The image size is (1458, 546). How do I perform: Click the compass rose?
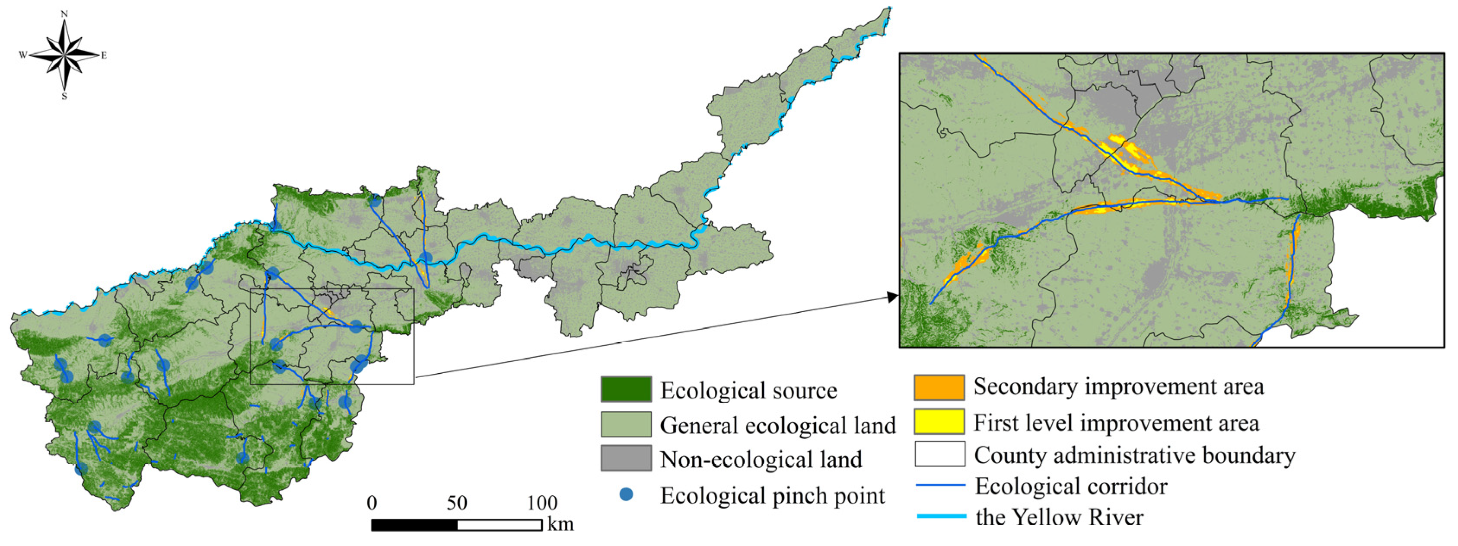click(x=64, y=55)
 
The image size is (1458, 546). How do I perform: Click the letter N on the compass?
click(x=64, y=13)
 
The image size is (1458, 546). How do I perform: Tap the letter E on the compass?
click(x=104, y=55)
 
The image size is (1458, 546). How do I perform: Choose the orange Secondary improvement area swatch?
click(x=939, y=387)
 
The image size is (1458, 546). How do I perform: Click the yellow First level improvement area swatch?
click(x=939, y=421)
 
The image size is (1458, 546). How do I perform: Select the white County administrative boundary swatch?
click(x=939, y=454)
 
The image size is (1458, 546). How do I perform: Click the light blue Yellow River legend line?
click(x=941, y=516)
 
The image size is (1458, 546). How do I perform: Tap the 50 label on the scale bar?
click(x=457, y=502)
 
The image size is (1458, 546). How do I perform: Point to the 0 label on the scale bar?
click(x=372, y=502)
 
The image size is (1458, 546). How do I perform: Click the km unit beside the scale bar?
click(x=560, y=524)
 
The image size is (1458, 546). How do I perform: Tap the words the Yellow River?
click(x=1059, y=517)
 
